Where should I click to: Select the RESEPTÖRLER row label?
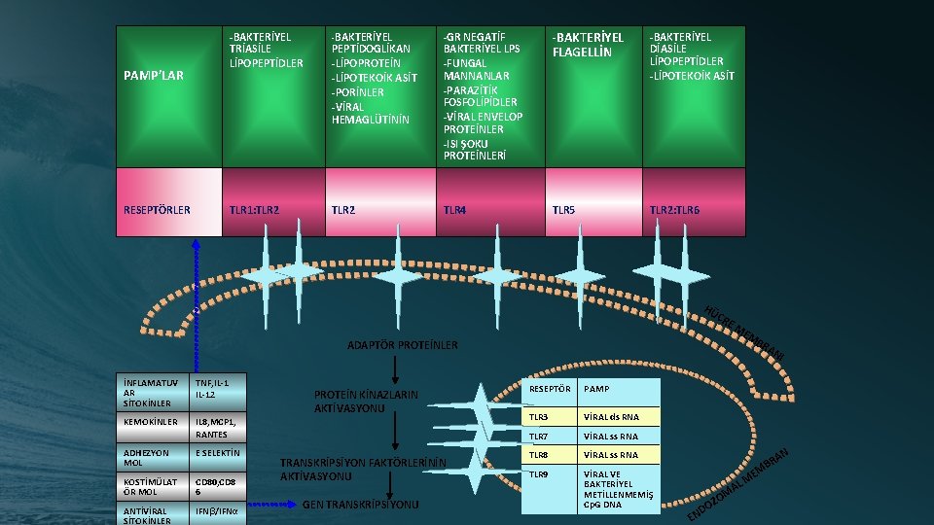(x=157, y=209)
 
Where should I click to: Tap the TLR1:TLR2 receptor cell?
(x=253, y=209)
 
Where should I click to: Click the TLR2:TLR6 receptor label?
(x=674, y=209)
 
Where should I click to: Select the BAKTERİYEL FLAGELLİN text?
(x=588, y=45)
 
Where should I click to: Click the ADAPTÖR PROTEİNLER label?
(x=403, y=345)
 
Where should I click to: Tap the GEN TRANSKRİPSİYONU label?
(x=361, y=505)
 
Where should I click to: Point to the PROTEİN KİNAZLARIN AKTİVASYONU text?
(x=366, y=402)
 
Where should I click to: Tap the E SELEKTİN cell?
(x=218, y=453)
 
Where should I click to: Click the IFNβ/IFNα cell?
(x=218, y=511)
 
